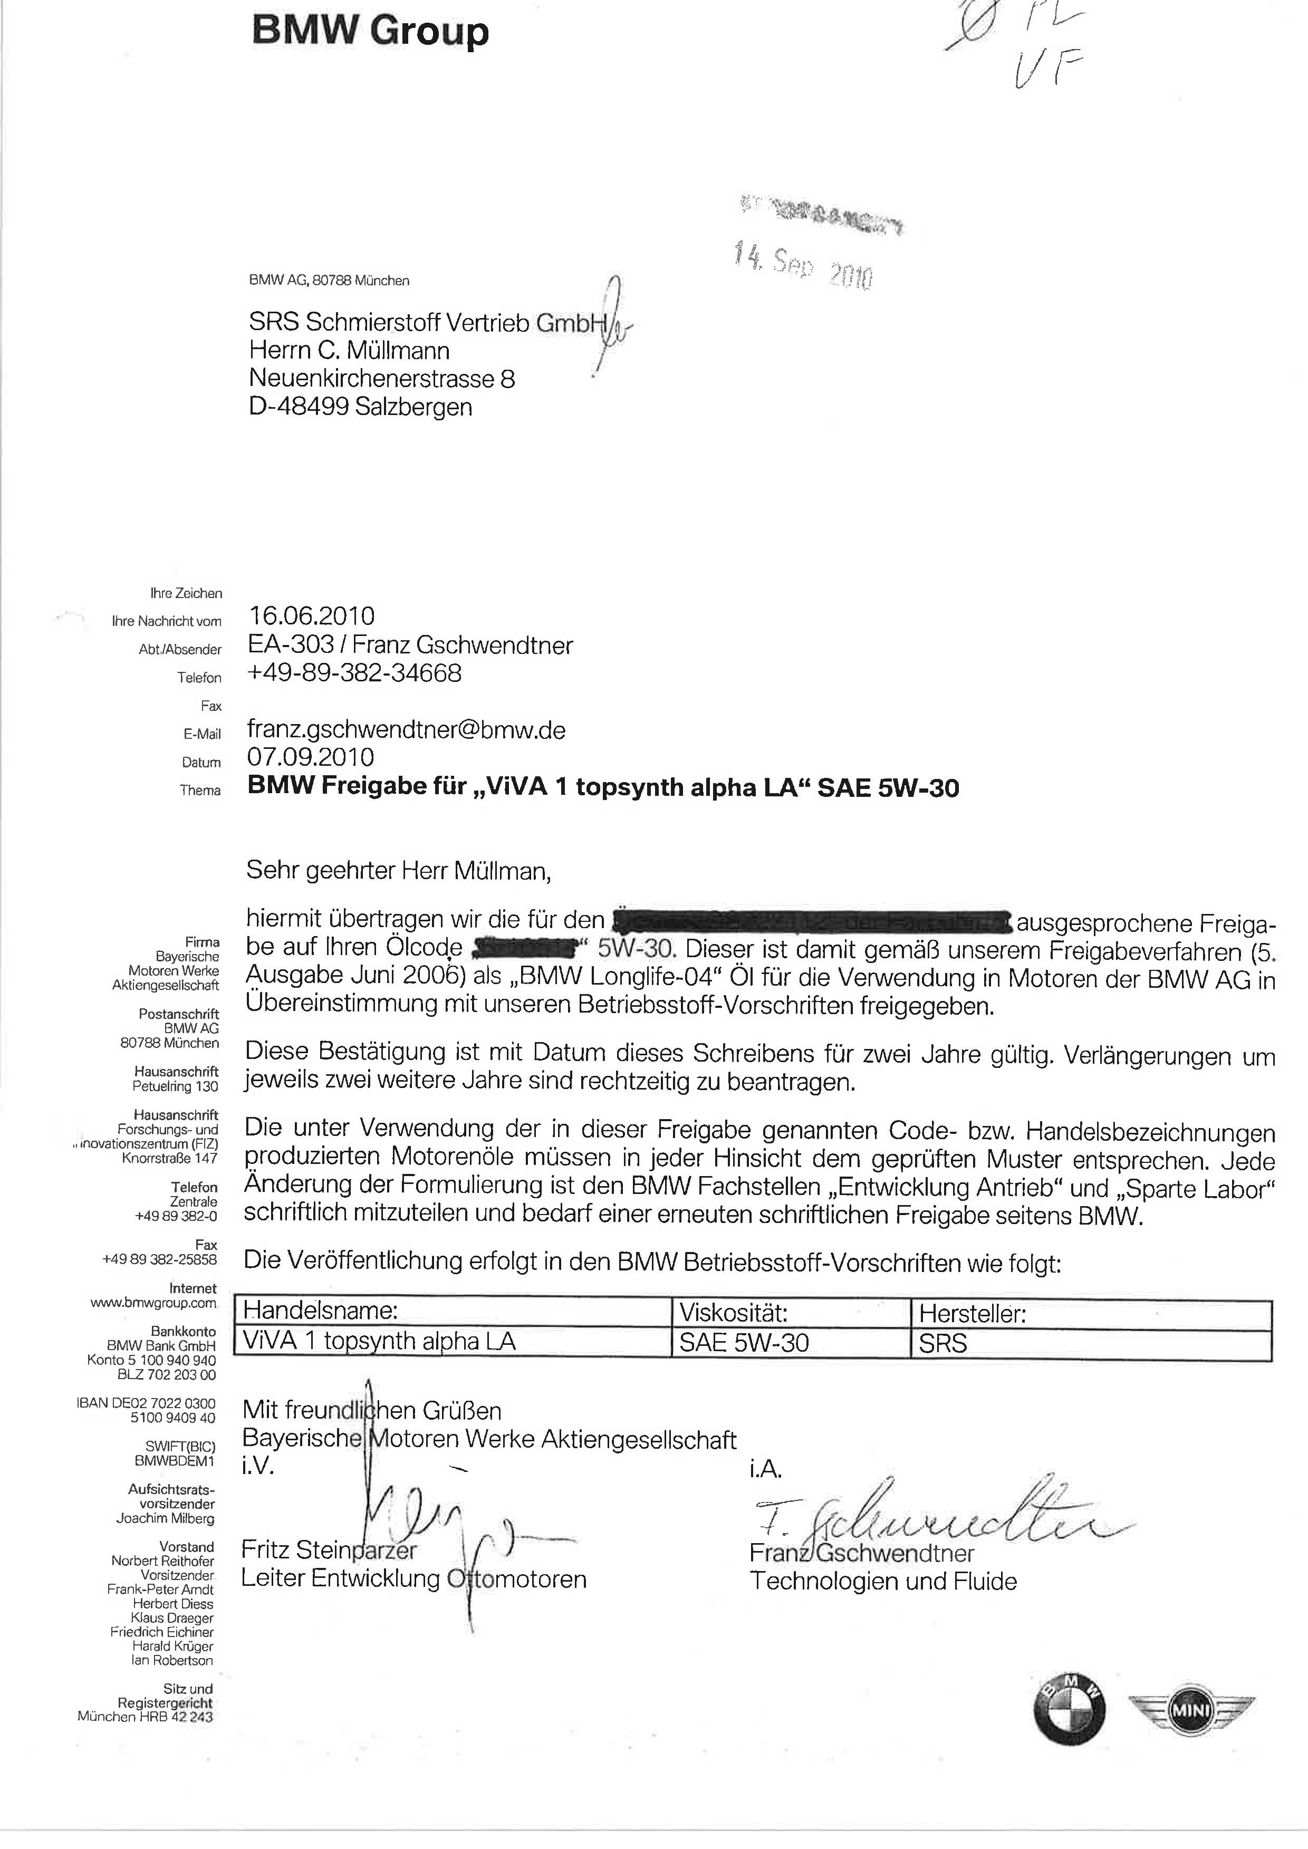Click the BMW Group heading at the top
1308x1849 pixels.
click(x=370, y=32)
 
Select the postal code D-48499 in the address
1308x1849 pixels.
click(x=298, y=407)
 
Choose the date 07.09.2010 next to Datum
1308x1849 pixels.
click(x=310, y=757)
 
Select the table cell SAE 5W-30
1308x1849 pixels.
click(x=744, y=1343)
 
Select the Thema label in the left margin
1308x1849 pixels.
click(x=200, y=790)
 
